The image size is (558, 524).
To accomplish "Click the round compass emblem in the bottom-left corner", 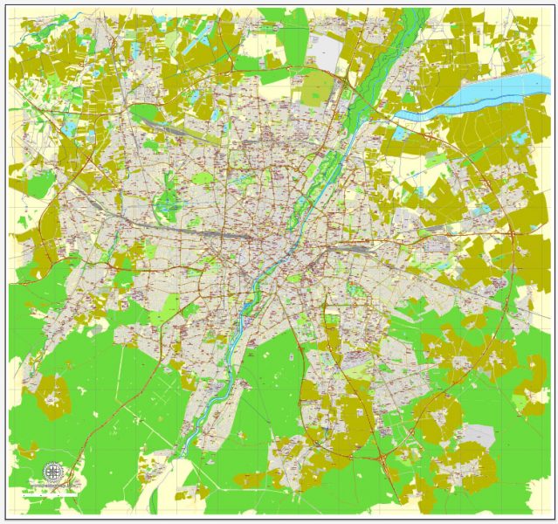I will point(52,472).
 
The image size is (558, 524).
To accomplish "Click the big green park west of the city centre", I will point(167,204).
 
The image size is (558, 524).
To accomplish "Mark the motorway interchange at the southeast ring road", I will point(382,457).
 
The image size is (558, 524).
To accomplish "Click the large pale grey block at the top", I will point(327,51).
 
